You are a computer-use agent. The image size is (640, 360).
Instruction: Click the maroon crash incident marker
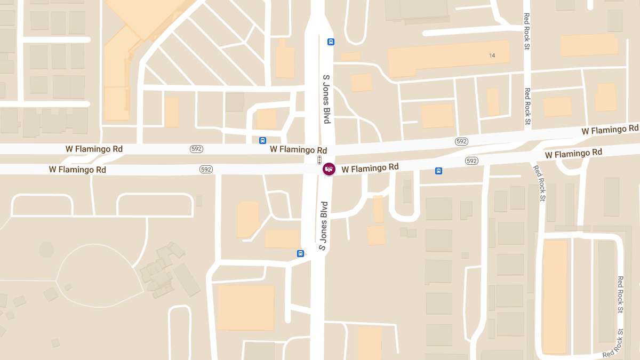click(329, 169)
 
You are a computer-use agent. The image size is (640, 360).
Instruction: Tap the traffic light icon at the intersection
click(319, 159)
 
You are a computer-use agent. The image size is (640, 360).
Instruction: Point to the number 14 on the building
click(492, 55)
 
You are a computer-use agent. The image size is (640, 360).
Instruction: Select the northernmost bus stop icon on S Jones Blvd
click(331, 42)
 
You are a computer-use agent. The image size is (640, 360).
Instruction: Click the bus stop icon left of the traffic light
click(262, 140)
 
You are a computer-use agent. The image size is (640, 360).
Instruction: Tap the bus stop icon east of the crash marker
click(438, 171)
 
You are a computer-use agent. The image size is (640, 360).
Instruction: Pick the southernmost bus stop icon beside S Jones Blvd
click(300, 253)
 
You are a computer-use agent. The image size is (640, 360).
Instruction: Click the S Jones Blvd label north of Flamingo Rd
click(326, 99)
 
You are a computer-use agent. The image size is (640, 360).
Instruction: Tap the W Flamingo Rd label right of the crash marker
click(370, 168)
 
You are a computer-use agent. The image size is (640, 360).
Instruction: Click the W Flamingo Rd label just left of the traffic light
click(298, 150)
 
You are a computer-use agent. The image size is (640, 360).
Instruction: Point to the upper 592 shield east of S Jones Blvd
click(461, 141)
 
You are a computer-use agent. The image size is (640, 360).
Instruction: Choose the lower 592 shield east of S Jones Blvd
click(471, 161)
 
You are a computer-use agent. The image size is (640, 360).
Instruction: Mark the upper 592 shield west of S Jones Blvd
click(196, 149)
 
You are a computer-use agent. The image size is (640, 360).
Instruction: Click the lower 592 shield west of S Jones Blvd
click(206, 170)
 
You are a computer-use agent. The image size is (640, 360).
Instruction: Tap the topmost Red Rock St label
click(527, 32)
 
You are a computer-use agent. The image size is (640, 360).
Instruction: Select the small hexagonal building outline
click(46, 250)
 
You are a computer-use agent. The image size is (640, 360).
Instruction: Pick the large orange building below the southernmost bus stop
click(246, 307)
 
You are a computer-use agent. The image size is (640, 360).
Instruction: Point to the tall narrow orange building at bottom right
click(555, 296)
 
